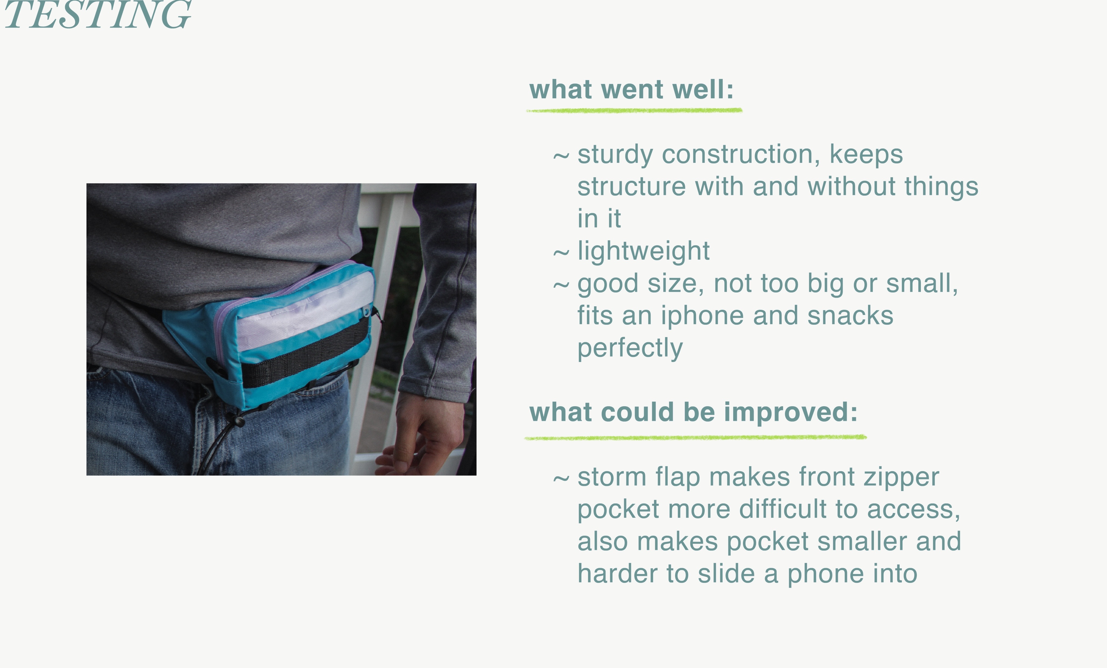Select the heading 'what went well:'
tap(631, 89)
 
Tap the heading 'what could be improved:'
tap(693, 412)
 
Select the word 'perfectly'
tap(630, 348)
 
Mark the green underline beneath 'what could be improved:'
tap(695, 438)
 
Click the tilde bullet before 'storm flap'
tap(561, 479)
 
